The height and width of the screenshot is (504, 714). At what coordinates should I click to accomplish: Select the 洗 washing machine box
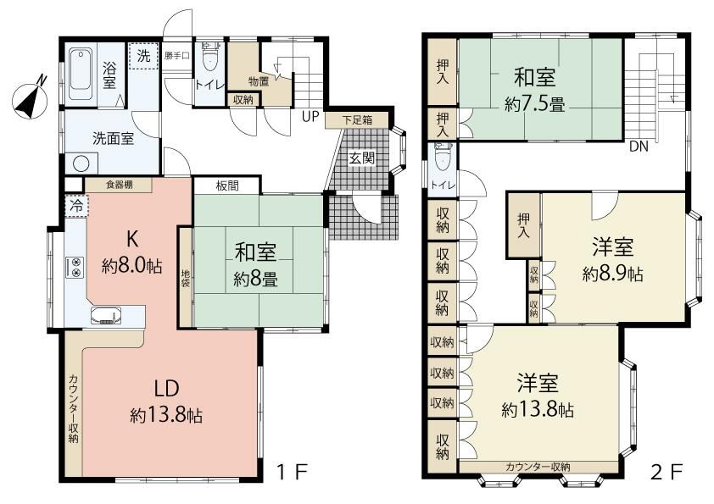(143, 56)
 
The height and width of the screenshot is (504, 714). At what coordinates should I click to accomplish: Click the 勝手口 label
(176, 56)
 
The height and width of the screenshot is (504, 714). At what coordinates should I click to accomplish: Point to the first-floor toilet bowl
(209, 58)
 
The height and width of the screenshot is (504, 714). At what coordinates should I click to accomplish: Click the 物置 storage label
(258, 82)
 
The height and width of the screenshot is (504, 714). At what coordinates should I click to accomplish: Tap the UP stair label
(310, 117)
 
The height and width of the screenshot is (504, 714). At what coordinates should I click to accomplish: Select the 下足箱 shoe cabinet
(357, 120)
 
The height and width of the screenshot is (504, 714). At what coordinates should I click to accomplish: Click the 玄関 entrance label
(361, 158)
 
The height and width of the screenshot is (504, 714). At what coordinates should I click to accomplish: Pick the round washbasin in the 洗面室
(81, 163)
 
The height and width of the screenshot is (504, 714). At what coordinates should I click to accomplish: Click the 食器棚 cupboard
(119, 185)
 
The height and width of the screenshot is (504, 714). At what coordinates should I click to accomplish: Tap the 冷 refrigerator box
(76, 206)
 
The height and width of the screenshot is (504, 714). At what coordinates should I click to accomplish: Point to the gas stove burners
(75, 267)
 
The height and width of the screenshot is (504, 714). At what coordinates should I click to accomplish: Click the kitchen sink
(106, 315)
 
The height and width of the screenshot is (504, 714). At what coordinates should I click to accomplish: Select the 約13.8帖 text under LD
(166, 415)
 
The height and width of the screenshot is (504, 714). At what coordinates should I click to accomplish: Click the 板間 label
(227, 186)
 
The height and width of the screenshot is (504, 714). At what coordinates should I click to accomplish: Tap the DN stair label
(639, 147)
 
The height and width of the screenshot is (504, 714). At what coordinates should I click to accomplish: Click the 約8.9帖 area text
(612, 274)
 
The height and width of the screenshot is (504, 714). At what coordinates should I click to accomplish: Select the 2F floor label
(667, 472)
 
